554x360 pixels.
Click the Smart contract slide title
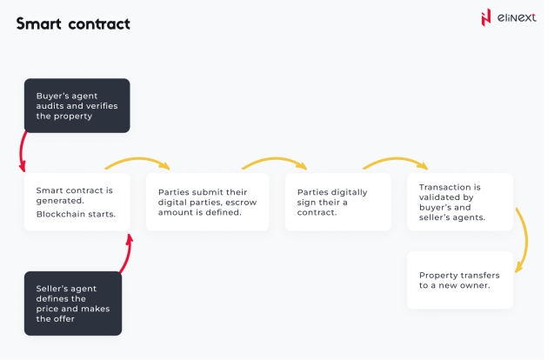click(73, 24)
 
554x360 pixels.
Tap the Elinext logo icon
click(485, 17)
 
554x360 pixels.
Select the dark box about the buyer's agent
click(77, 105)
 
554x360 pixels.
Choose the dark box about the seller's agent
click(73, 303)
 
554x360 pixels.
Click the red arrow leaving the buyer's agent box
click(21, 154)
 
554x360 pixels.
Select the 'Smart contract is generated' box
click(77, 202)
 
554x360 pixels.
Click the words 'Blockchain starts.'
click(75, 213)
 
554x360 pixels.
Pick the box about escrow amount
click(207, 202)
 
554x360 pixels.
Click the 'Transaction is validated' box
click(459, 202)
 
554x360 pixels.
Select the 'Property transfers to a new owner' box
click(459, 279)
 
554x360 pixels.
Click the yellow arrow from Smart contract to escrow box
click(137, 163)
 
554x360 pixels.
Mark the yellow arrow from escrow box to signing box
click(275, 162)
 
